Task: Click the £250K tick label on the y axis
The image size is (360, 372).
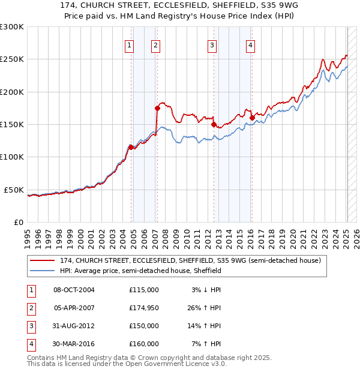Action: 12,59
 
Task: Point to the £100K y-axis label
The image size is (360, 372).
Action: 12,157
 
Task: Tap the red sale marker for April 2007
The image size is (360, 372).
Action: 157,109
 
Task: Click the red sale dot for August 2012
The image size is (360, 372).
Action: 214,125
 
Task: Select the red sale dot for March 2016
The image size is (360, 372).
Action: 252,118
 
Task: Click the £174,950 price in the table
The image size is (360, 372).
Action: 144,308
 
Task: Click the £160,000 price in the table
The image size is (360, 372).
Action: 144,344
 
